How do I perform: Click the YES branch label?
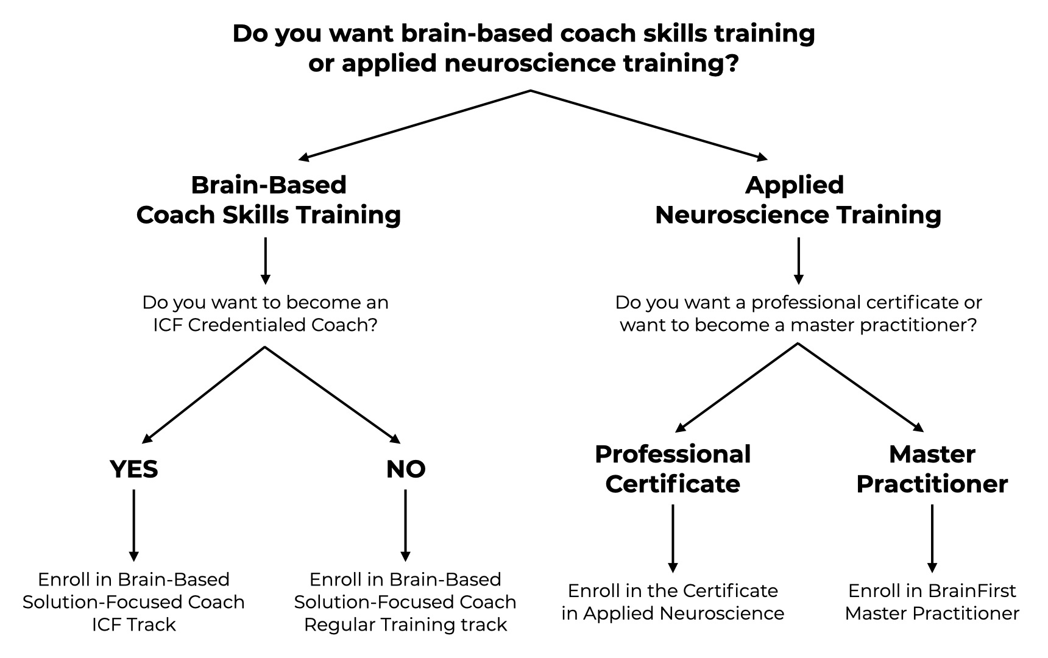coord(133,469)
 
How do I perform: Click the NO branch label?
coord(405,469)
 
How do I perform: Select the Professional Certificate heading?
coord(673,469)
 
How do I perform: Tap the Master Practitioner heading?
coord(932,469)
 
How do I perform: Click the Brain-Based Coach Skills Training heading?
coord(268,200)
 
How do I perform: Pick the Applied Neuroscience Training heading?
coord(798,200)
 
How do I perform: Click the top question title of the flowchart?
coord(523,48)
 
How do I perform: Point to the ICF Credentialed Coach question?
coord(265,314)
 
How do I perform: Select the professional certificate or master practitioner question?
coord(798,314)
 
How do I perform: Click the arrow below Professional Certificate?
coord(673,537)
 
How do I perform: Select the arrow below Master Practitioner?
coord(932,537)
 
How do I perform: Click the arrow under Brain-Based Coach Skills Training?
coord(265,260)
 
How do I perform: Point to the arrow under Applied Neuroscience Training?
coord(798,260)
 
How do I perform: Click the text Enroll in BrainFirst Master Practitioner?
coord(932,602)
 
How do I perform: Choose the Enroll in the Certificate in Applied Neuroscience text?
coord(673,602)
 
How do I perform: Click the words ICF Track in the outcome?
coord(133,624)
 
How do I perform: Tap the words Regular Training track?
coord(405,624)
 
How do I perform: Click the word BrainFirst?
coord(972,591)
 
